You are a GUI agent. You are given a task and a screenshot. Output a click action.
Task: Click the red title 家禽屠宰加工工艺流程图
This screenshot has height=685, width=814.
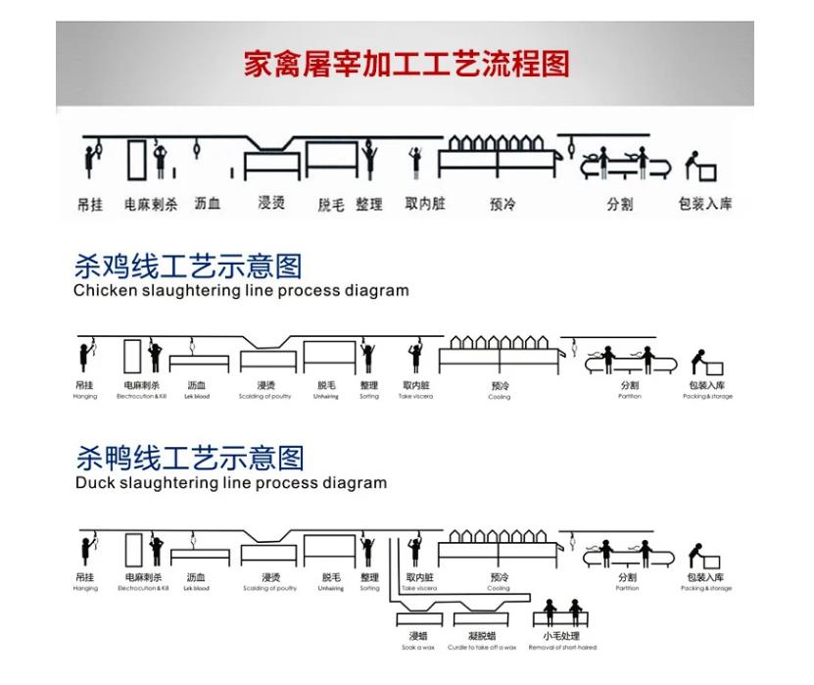tap(406, 64)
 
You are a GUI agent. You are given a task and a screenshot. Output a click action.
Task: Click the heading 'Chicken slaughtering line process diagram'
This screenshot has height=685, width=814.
tap(241, 291)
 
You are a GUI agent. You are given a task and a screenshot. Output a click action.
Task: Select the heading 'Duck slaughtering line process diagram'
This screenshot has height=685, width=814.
tap(230, 483)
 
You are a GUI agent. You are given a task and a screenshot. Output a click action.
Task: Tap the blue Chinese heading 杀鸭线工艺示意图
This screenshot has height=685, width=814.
tap(189, 458)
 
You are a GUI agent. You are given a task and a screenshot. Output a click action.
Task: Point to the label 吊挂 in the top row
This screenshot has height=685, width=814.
tap(89, 204)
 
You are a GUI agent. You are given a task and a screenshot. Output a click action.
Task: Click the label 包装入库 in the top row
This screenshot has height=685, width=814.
tap(704, 204)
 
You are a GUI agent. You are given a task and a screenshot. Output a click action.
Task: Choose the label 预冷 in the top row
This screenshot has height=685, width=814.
tap(502, 204)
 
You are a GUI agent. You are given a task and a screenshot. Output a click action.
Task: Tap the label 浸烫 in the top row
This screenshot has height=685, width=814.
tap(271, 203)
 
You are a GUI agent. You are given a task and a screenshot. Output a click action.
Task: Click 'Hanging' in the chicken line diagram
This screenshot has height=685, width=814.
tap(85, 397)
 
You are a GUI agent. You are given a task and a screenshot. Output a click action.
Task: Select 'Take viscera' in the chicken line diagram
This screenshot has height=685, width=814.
tap(417, 397)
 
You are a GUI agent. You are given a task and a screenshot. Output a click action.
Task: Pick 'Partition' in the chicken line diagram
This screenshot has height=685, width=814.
tap(629, 397)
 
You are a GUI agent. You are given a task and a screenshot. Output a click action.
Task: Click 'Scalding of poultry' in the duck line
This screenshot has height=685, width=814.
tap(269, 589)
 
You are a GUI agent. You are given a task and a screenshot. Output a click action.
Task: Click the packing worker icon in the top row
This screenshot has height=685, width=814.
tap(697, 167)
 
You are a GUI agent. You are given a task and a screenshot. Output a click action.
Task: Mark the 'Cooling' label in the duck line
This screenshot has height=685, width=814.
tap(499, 589)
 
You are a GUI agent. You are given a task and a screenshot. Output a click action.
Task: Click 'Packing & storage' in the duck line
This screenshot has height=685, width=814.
tap(707, 589)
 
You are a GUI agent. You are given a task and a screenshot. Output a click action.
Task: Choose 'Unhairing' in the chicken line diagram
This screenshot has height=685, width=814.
tap(326, 397)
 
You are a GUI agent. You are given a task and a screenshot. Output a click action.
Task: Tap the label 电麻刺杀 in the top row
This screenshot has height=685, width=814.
tap(150, 204)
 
